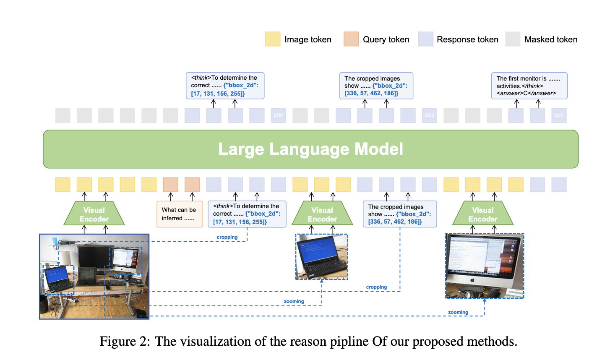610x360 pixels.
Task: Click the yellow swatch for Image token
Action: pyautogui.click(x=273, y=39)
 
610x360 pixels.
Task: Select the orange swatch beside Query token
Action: pyautogui.click(x=351, y=39)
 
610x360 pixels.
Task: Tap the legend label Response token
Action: pyautogui.click(x=467, y=39)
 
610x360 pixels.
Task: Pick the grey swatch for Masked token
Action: pyautogui.click(x=513, y=39)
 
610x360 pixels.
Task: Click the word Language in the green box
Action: pyautogui.click(x=310, y=149)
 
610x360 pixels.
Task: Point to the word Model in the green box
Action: pyautogui.click(x=379, y=149)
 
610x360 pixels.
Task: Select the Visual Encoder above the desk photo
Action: pyautogui.click(x=94, y=214)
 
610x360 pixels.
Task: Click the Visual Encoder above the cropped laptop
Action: pyautogui.click(x=322, y=214)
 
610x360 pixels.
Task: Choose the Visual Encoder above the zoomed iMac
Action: pyautogui.click(x=483, y=214)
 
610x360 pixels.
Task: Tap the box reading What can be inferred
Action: pyautogui.click(x=180, y=214)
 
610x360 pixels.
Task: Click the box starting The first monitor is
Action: pyautogui.click(x=529, y=86)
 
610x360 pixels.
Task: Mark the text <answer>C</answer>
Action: pyautogui.click(x=526, y=93)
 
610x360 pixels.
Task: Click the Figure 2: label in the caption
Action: pyautogui.click(x=125, y=342)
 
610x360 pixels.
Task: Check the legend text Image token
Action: pyautogui.click(x=308, y=39)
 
